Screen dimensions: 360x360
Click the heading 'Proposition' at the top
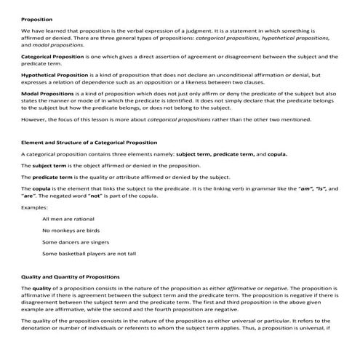[x=37, y=20]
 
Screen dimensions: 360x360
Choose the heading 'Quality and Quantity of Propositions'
[x=71, y=277]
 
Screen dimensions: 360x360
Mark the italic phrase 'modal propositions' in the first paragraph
[x=58, y=44]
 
